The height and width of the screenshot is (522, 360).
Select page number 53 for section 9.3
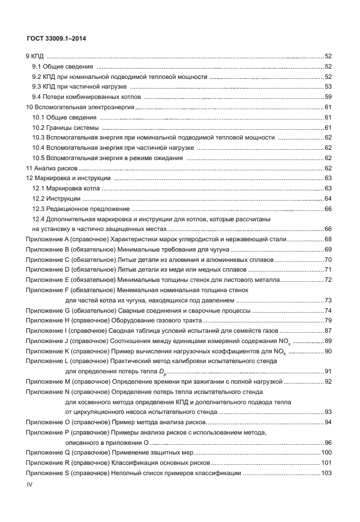pyautogui.click(x=328, y=86)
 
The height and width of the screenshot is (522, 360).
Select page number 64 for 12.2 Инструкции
pyautogui.click(x=328, y=198)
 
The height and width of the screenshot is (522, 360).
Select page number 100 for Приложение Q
pyautogui.click(x=326, y=452)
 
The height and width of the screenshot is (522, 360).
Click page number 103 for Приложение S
pyautogui.click(x=326, y=473)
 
